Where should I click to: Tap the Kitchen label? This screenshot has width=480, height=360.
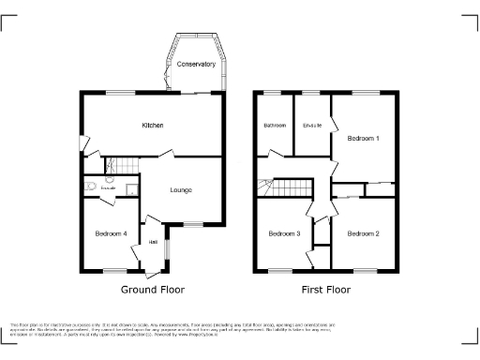click(x=153, y=126)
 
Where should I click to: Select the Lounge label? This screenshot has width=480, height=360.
click(x=181, y=190)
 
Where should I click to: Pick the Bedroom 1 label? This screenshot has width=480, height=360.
click(x=364, y=138)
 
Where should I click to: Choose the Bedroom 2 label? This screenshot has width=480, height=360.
click(x=363, y=233)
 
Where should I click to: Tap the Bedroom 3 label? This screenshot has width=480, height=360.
click(x=284, y=233)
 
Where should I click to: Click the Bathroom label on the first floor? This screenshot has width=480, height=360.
click(x=275, y=126)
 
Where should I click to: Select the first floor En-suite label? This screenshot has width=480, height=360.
click(x=312, y=126)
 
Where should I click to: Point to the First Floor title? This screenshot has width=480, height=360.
click(x=325, y=290)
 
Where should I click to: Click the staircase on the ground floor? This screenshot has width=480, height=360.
click(x=119, y=166)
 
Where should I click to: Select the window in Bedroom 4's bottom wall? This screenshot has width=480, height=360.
click(x=114, y=270)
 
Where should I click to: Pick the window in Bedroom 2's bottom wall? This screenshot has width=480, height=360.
click(x=365, y=270)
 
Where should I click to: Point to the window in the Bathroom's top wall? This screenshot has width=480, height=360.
click(x=274, y=91)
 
